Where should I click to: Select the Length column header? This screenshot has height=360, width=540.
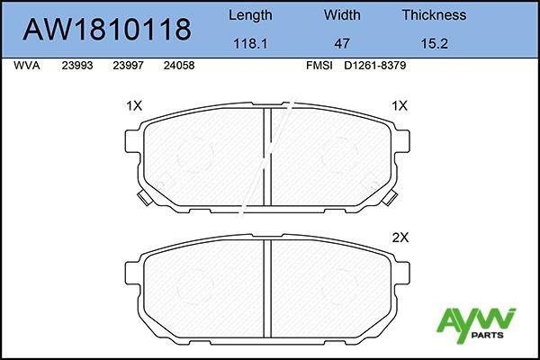tap(251, 14)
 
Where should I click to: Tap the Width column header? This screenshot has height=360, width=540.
tap(342, 14)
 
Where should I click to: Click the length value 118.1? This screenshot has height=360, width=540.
tap(251, 41)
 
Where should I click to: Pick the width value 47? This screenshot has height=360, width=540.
tap(342, 41)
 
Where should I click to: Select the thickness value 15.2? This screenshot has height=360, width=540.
tap(434, 41)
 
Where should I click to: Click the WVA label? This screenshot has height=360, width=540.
tap(27, 66)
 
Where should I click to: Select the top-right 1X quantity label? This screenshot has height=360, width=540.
tap(400, 105)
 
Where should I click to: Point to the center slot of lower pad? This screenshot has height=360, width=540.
tap(267, 288)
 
